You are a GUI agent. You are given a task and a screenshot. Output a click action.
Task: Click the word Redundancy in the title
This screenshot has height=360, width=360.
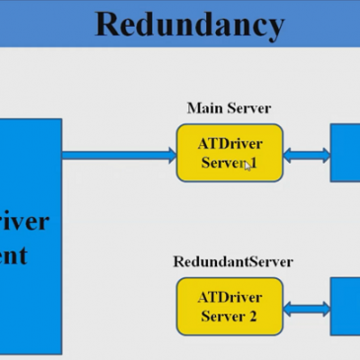point(189,24)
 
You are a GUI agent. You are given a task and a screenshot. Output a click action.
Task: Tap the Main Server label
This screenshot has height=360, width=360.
point(229,108)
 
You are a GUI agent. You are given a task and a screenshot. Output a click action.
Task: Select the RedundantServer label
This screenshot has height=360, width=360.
point(233,261)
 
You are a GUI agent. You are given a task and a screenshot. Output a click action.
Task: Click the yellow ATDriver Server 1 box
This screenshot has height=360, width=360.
point(230,153)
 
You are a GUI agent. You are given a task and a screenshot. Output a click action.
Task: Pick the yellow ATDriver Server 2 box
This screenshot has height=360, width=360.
point(230,306)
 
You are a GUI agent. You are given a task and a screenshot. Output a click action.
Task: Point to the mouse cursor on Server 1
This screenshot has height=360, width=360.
point(249,167)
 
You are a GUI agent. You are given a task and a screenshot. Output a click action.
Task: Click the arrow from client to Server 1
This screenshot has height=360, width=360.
point(118,153)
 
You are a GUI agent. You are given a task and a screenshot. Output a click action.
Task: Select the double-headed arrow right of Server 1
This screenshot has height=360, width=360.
point(307,154)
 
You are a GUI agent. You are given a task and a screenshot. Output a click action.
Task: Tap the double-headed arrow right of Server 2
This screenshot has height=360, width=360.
point(307,308)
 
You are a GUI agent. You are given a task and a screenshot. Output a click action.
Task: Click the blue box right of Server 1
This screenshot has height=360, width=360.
point(345,153)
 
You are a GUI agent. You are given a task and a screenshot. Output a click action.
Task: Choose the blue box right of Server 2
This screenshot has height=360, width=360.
point(345,307)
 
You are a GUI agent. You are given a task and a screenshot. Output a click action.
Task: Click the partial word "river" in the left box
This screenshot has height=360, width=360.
point(24,220)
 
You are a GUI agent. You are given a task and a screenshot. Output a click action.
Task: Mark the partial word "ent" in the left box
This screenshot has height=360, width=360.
point(14,255)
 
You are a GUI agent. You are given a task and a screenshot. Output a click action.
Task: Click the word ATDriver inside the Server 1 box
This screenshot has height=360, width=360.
point(230,143)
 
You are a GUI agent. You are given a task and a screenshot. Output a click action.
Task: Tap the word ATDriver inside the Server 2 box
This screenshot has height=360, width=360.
point(230,296)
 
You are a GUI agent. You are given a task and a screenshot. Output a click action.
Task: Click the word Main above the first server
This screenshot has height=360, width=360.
point(203,108)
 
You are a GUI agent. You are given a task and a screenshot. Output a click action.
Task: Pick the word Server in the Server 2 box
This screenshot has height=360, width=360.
point(221,317)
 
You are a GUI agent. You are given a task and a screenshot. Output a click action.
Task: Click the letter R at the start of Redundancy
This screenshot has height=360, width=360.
point(108,24)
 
